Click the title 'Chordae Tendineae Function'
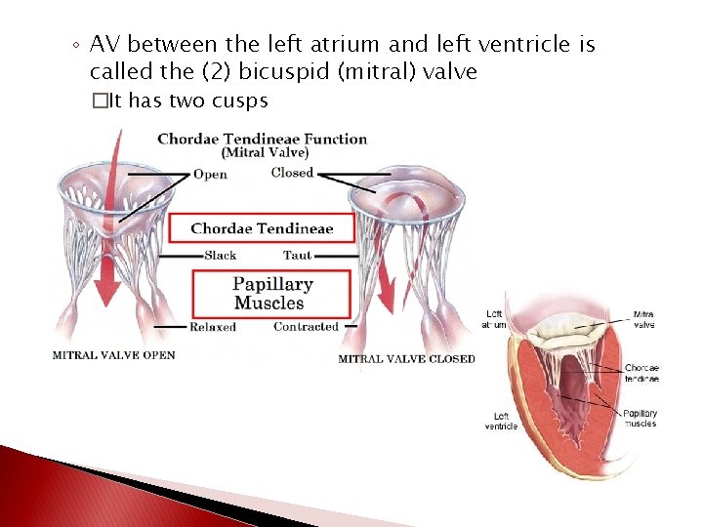coord(262,139)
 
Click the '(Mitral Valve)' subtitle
coord(266,153)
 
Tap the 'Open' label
coord(211,175)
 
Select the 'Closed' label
coord(292,173)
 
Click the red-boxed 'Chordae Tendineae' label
coord(262,228)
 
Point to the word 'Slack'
coord(221,256)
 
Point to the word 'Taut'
coord(297,256)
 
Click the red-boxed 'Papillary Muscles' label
coord(272,294)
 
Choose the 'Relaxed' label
coord(213,327)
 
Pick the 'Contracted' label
coord(306,327)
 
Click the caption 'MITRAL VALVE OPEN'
coord(114,355)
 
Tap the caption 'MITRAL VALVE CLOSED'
coord(406,359)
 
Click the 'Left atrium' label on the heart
coord(496,319)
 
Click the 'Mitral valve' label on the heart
coord(644,319)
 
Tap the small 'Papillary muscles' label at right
coord(641,419)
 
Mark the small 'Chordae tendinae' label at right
coord(641,373)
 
